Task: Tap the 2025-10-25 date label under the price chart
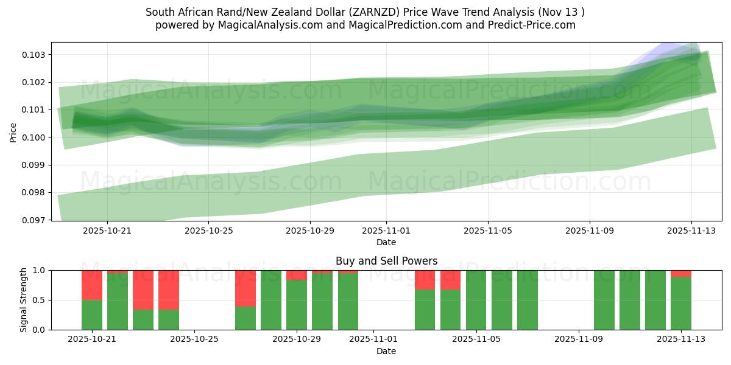(x=209, y=231)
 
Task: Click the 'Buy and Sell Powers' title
(x=386, y=261)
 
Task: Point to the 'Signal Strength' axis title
(x=24, y=300)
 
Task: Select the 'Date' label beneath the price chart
(x=386, y=242)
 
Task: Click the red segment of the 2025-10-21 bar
(x=92, y=285)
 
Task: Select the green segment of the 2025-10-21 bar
(x=92, y=315)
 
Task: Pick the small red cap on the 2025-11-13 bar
(x=681, y=273)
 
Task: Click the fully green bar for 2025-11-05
(x=476, y=300)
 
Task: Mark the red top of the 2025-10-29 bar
(x=297, y=275)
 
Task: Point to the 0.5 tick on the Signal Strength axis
(x=40, y=300)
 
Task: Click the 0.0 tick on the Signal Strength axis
(x=40, y=330)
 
